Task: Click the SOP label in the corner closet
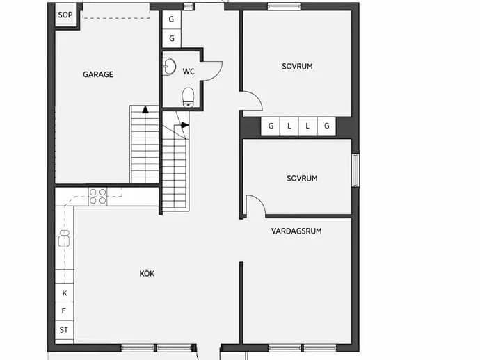pyautogui.click(x=65, y=15)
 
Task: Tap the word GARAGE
pyautogui.click(x=98, y=74)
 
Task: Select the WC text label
pyautogui.click(x=189, y=72)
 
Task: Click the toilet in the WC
pyautogui.click(x=189, y=97)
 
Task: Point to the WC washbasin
pyautogui.click(x=169, y=67)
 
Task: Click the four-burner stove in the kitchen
pyautogui.click(x=98, y=197)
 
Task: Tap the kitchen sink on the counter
pyautogui.click(x=64, y=238)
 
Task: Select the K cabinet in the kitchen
pyautogui.click(x=64, y=293)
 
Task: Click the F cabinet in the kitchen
pyautogui.click(x=64, y=311)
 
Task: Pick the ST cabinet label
pyautogui.click(x=64, y=330)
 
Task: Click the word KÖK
pyautogui.click(x=147, y=273)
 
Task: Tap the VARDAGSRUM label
pyautogui.click(x=296, y=231)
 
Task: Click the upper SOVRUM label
pyautogui.click(x=297, y=67)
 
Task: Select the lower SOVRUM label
pyautogui.click(x=302, y=179)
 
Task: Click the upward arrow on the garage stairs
pyautogui.click(x=145, y=110)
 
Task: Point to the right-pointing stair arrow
pyautogui.click(x=185, y=125)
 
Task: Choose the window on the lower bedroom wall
pyautogui.click(x=355, y=170)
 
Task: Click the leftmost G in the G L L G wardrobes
pyautogui.click(x=271, y=126)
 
